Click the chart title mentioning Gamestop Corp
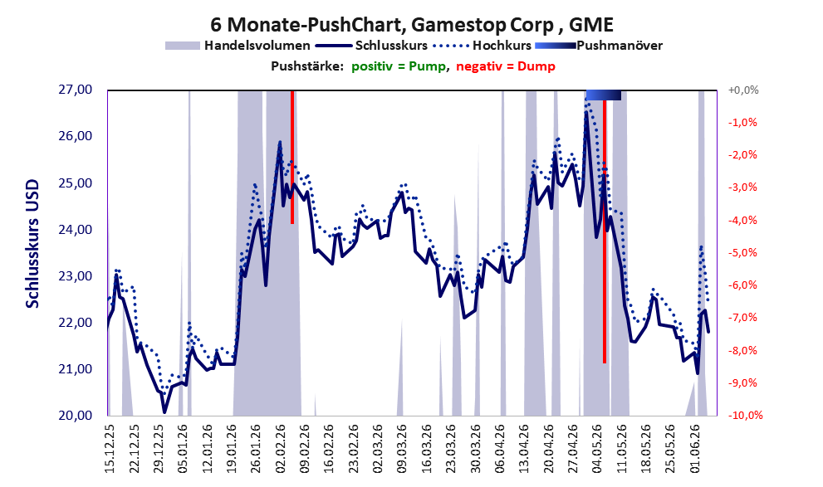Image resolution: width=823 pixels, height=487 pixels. click(x=412, y=24)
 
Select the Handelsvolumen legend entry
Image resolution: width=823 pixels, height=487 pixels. click(x=238, y=46)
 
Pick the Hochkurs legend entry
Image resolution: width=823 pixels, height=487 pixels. click(x=483, y=46)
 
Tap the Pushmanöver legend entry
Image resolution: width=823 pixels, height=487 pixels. click(x=599, y=46)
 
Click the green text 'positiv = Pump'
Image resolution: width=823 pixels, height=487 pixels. click(x=399, y=66)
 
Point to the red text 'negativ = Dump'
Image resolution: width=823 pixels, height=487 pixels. click(x=506, y=66)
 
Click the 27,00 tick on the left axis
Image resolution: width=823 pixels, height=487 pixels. click(x=75, y=90)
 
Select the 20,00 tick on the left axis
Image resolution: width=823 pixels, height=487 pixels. click(x=75, y=416)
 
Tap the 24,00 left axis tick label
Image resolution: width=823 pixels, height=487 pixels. click(x=75, y=230)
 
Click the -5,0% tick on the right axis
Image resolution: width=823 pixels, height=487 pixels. click(x=742, y=253)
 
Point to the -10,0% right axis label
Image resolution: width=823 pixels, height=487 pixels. click(x=745, y=415)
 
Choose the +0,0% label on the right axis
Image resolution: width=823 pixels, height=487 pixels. click(x=743, y=90)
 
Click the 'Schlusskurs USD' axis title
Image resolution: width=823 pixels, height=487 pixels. click(x=32, y=244)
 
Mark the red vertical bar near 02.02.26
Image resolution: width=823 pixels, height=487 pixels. click(x=292, y=158)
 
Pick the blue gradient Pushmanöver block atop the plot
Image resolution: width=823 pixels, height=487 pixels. click(x=604, y=95)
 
